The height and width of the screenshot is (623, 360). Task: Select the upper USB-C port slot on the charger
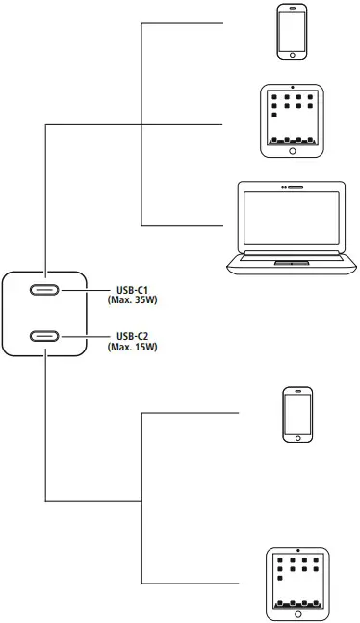point(45,291)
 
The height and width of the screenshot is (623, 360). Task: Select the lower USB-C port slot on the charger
point(45,336)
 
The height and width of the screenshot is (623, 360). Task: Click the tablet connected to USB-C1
point(291,120)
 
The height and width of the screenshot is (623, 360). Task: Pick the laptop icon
point(291,228)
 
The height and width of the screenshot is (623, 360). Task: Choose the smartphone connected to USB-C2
point(296,414)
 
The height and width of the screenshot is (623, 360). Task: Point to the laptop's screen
point(291,221)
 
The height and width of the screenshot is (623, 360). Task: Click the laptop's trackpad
point(291,262)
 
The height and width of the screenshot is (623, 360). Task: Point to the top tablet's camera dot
point(291,89)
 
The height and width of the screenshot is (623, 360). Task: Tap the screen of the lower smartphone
point(296,414)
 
